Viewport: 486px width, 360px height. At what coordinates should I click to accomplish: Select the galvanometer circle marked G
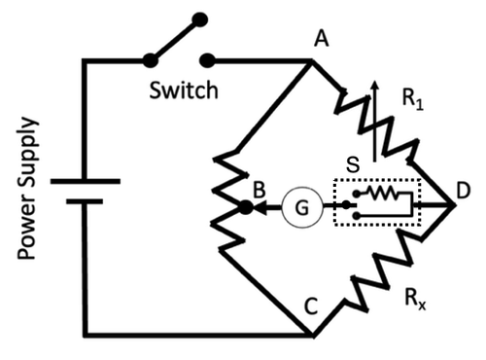tap(301, 206)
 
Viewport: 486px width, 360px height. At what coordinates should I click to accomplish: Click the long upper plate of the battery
tap(85, 180)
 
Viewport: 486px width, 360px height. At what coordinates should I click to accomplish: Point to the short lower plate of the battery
tap(85, 201)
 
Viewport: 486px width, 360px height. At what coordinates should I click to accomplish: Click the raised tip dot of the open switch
tap(199, 18)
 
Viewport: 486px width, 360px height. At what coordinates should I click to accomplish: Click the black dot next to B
tap(246, 206)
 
